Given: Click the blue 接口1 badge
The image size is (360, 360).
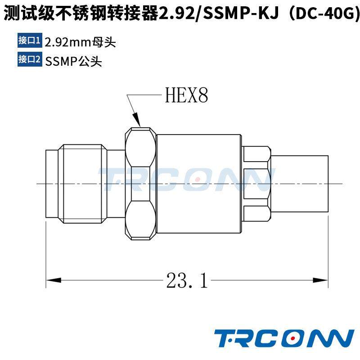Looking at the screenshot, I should click(x=30, y=40).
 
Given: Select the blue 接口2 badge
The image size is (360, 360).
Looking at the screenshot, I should click(x=30, y=59).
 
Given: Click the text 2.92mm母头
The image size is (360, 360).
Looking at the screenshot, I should click(x=81, y=42).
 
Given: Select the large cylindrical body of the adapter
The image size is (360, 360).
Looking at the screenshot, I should click(x=199, y=184).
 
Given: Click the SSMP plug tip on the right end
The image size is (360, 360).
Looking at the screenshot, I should click(x=301, y=184).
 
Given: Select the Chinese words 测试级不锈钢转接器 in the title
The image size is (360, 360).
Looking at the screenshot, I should click(x=81, y=13).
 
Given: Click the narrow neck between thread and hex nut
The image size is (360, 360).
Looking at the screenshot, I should click(x=116, y=184).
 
